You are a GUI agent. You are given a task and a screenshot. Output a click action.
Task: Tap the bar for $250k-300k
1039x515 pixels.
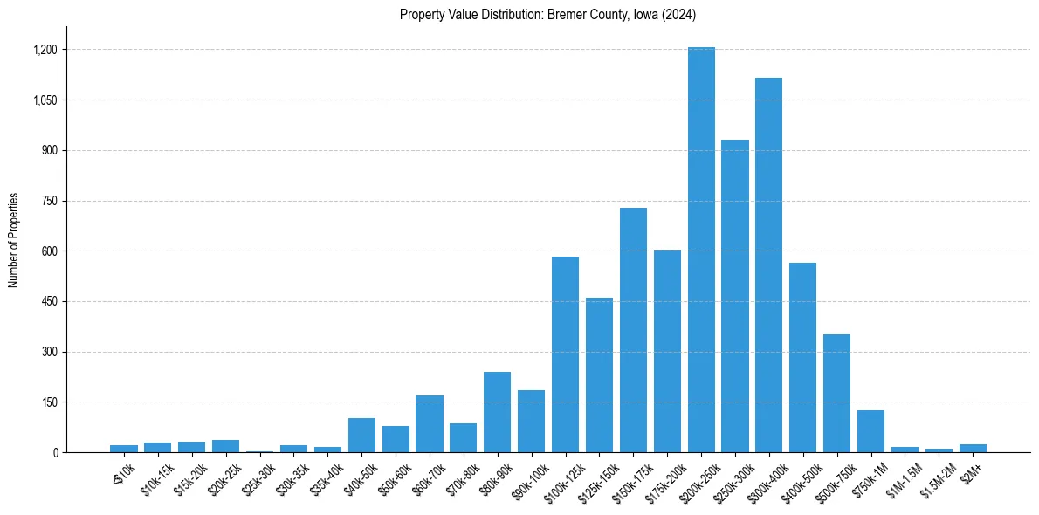735,296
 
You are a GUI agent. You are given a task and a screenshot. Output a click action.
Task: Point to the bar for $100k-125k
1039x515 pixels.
565,354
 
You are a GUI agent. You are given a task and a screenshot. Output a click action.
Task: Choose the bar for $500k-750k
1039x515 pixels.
836,393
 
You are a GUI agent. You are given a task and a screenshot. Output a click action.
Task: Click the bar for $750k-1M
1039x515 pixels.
870,431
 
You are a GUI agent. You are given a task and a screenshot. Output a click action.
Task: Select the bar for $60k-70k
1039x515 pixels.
429,424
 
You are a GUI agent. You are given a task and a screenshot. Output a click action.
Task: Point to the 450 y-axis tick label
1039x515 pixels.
49,302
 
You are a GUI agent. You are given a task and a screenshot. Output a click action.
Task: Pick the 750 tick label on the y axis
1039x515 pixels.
49,201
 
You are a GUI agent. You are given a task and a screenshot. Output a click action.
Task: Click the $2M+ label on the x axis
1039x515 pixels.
971,472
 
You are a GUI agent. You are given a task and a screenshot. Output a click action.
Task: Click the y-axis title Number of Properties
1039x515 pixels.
13,240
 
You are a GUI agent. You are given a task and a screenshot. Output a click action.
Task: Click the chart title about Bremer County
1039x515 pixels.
547,14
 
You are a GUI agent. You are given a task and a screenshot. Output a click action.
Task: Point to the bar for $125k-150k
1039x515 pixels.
599,375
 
